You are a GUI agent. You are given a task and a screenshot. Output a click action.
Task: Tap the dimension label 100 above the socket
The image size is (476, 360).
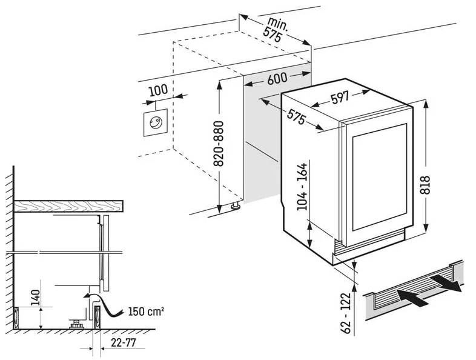(157, 91)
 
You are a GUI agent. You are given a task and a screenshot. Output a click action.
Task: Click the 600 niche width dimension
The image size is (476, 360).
(276, 79)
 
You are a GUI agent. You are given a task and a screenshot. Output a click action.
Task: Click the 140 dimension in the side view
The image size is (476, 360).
(35, 298)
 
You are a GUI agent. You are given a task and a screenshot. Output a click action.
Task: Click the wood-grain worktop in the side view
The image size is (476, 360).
(67, 206)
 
